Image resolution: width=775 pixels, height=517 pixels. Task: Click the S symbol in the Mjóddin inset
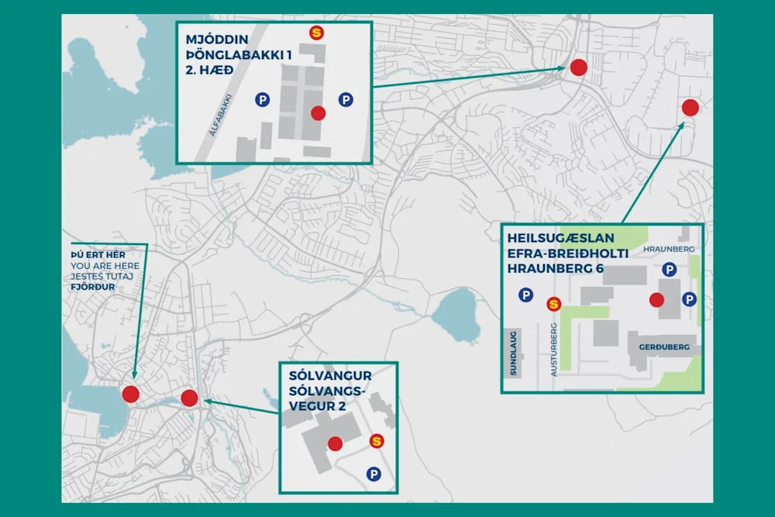(x=316, y=33)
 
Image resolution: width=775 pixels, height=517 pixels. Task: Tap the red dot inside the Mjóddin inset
(x=318, y=113)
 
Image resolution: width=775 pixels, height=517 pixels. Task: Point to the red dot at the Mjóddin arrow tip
(x=578, y=67)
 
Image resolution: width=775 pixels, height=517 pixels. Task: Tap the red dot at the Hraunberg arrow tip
(x=690, y=108)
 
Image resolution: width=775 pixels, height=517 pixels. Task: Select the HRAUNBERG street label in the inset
(x=670, y=249)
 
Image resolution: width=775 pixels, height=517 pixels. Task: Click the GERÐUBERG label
(x=664, y=347)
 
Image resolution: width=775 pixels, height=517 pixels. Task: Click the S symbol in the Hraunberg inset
(x=553, y=304)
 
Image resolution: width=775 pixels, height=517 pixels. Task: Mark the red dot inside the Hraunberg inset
(x=656, y=300)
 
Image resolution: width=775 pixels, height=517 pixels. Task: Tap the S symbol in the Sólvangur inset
(x=377, y=441)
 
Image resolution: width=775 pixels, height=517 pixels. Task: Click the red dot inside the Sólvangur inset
(x=335, y=443)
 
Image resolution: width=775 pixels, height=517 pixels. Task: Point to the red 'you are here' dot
(x=130, y=394)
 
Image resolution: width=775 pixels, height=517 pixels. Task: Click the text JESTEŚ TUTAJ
(x=98, y=276)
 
